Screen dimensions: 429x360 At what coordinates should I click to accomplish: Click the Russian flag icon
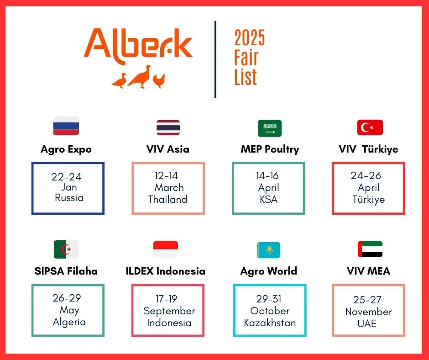pyautogui.click(x=66, y=126)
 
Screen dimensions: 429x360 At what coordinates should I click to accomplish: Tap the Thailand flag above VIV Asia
pyautogui.click(x=168, y=127)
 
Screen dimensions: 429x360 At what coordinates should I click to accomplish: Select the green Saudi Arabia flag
pyautogui.click(x=270, y=128)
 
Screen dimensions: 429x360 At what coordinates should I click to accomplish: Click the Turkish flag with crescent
pyautogui.click(x=370, y=127)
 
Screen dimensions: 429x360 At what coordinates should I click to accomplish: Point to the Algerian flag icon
pyautogui.click(x=66, y=249)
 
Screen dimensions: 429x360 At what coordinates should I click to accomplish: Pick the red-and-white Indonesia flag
pyautogui.click(x=166, y=249)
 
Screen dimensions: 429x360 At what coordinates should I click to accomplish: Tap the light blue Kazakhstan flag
pyautogui.click(x=268, y=250)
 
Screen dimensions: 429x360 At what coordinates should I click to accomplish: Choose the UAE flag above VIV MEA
pyautogui.click(x=370, y=249)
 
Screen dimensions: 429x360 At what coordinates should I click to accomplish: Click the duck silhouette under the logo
pyautogui.click(x=119, y=80)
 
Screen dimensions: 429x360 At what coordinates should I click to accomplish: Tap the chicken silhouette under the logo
pyautogui.click(x=159, y=81)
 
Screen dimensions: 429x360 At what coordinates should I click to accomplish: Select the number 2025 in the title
pyautogui.click(x=250, y=37)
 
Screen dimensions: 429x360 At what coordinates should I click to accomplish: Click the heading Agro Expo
pyautogui.click(x=66, y=149)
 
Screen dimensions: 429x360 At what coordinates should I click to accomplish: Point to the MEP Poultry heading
pyautogui.click(x=270, y=149)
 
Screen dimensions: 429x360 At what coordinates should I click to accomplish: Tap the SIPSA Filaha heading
pyautogui.click(x=66, y=271)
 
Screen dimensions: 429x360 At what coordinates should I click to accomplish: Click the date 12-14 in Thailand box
pyautogui.click(x=166, y=175)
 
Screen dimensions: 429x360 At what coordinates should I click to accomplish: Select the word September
pyautogui.click(x=169, y=311)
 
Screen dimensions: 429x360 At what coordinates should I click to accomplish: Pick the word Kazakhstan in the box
pyautogui.click(x=270, y=323)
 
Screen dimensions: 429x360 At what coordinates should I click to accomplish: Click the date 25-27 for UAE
pyautogui.click(x=367, y=300)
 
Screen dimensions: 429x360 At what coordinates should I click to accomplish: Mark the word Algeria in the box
pyautogui.click(x=69, y=322)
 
